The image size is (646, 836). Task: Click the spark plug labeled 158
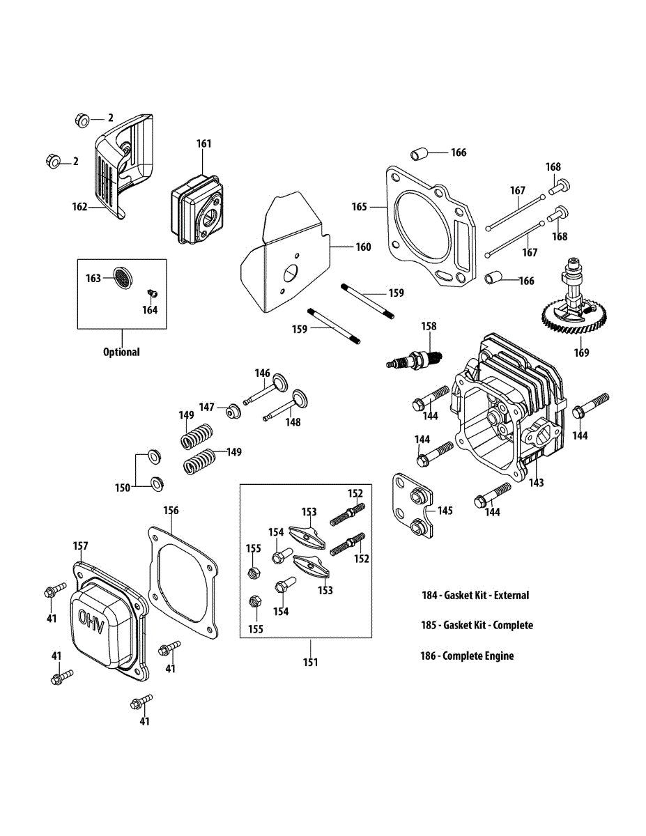(x=413, y=361)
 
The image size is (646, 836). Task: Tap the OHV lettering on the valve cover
(x=91, y=621)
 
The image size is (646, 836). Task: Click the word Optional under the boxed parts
(x=121, y=352)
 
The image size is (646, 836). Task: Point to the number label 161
(x=203, y=144)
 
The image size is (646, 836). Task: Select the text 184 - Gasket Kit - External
(x=475, y=595)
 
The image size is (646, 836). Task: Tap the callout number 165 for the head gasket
(x=359, y=207)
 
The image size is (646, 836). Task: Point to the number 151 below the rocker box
(x=310, y=662)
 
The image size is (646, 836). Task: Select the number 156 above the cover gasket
(x=171, y=511)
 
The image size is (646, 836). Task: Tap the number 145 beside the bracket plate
(x=445, y=511)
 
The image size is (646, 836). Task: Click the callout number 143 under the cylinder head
(x=536, y=482)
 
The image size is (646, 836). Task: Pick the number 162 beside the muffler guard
(x=79, y=206)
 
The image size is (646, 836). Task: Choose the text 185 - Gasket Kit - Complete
(x=477, y=625)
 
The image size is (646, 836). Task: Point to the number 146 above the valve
(x=261, y=373)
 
